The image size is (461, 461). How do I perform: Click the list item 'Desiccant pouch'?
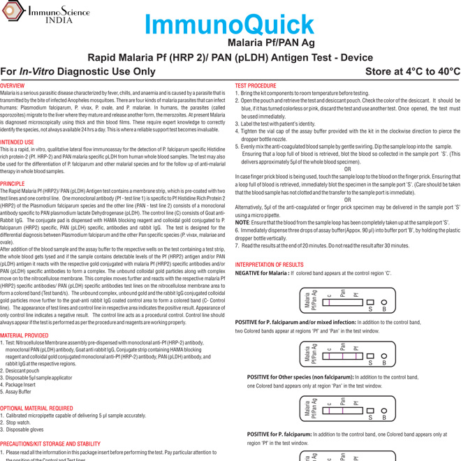27,371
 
